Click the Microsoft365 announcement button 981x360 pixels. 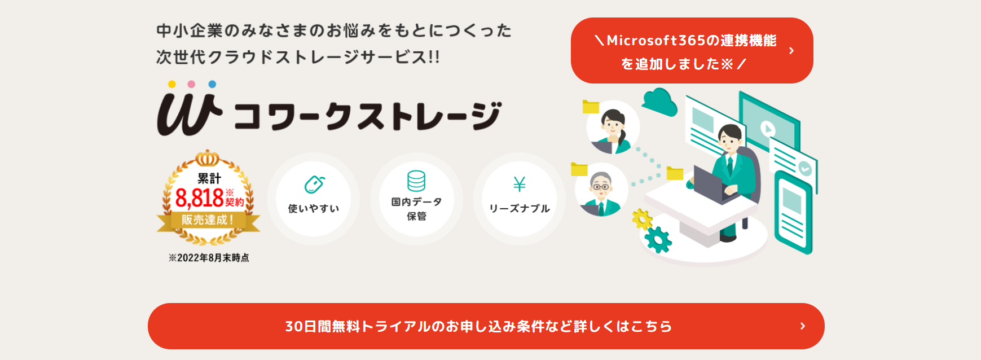tap(692, 51)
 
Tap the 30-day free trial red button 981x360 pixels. tap(486, 326)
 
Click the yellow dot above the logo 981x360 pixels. tap(172, 84)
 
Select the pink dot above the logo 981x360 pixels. tap(191, 84)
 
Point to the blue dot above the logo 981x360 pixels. tap(212, 84)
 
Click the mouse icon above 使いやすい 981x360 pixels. tap(314, 184)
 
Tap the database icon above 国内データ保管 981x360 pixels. tap(416, 181)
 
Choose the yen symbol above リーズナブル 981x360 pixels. tap(520, 184)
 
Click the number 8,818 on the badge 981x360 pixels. tap(199, 198)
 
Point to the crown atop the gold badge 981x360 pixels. tap(208, 158)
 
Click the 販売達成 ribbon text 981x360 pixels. tap(208, 220)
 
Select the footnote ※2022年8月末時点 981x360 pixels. tap(209, 258)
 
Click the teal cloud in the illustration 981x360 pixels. tap(659, 102)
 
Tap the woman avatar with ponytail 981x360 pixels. tap(613, 128)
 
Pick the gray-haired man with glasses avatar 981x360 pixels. tap(601, 190)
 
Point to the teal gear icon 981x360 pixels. tap(658, 239)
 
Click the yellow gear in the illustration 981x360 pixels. tap(642, 219)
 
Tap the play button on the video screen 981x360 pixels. tap(767, 128)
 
